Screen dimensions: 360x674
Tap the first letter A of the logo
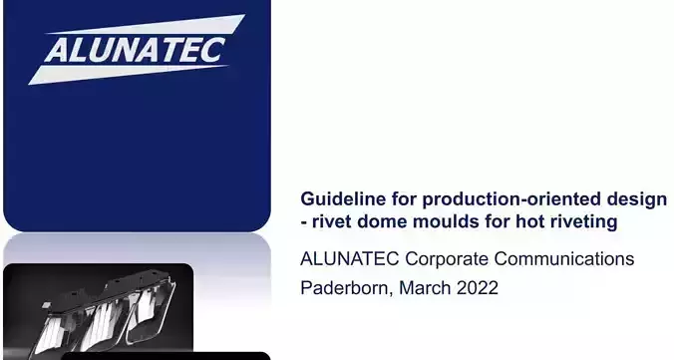point(57,51)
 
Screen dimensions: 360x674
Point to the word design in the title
point(637,198)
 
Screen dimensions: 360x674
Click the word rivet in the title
point(333,221)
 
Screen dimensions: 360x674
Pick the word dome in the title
point(382,221)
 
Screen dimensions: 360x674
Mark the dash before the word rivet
point(305,222)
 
